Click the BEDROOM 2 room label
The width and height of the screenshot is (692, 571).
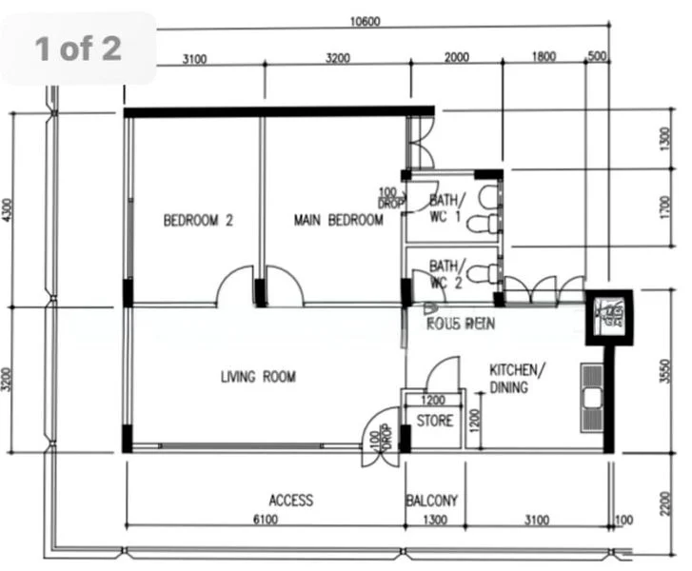(x=198, y=221)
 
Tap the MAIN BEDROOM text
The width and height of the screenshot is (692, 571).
(x=338, y=221)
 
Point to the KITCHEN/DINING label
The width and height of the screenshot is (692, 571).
(x=517, y=378)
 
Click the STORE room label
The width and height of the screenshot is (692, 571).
(x=435, y=421)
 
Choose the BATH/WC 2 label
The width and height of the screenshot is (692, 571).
(x=447, y=274)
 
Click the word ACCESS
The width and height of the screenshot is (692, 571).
(x=290, y=501)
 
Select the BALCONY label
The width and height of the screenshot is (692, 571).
(x=431, y=501)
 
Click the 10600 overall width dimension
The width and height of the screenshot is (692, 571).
(x=365, y=22)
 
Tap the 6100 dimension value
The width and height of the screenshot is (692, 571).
(x=267, y=519)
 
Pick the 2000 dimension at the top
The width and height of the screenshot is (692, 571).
(x=457, y=58)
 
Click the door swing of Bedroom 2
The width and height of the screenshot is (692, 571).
(x=234, y=289)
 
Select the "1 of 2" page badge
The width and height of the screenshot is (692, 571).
(x=79, y=49)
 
